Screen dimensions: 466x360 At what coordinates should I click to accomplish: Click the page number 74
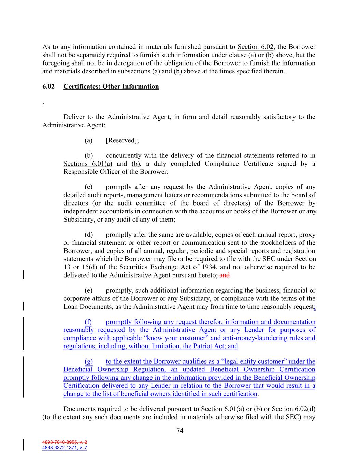tap(180, 431)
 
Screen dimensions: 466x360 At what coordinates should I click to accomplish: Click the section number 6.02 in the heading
tap(48, 87)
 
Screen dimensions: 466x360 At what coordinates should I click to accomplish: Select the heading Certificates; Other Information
tap(111, 87)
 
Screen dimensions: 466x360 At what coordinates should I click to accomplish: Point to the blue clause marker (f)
tap(88, 322)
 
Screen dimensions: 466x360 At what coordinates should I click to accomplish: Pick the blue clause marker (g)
tap(88, 362)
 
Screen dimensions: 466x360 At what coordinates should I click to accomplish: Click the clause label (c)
tap(88, 187)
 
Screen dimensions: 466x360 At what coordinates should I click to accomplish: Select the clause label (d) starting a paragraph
tap(88, 235)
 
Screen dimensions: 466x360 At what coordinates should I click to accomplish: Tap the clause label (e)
tap(88, 291)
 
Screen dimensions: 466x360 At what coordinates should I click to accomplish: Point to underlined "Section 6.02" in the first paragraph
tap(256, 47)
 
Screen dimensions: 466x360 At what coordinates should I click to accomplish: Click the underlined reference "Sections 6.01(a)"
tap(88, 164)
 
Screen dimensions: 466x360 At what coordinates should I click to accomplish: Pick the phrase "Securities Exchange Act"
tap(146, 267)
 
